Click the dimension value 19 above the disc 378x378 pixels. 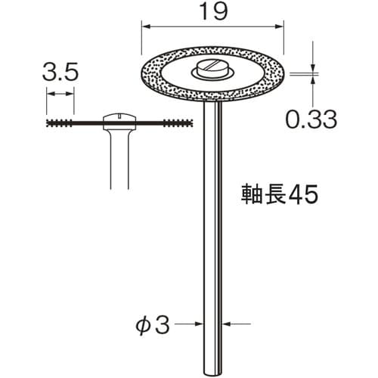(x=212, y=14)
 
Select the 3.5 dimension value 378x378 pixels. (x=60, y=73)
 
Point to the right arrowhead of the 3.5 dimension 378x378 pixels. (x=72, y=94)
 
